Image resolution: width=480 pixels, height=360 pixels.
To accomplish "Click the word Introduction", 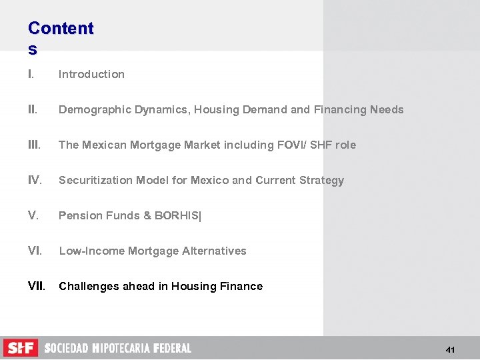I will pyautogui.click(x=91, y=74).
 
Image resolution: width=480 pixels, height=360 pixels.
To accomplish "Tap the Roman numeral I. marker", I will pyautogui.click(x=31, y=74).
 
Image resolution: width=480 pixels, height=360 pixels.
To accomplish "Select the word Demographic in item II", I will pyautogui.click(x=91, y=109).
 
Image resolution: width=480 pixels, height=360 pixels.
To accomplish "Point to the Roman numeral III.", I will pyautogui.click(x=35, y=145).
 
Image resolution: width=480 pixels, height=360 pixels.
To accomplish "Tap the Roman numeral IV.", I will pyautogui.click(x=35, y=180).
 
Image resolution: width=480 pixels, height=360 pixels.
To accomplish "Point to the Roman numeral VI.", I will pyautogui.click(x=35, y=251).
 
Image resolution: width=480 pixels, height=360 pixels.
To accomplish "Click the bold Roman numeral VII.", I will pyautogui.click(x=37, y=286).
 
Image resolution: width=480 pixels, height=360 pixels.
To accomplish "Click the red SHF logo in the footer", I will pyautogui.click(x=21, y=348).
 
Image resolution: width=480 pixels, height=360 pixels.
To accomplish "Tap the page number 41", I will pyautogui.click(x=451, y=350).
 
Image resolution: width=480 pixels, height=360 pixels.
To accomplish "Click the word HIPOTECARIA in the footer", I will pyautogui.click(x=121, y=348).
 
